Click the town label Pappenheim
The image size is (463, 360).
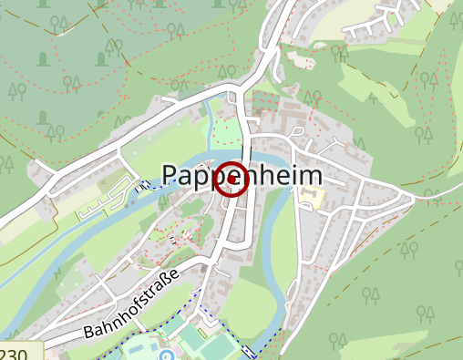click(x=242, y=175)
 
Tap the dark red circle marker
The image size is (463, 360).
click(x=232, y=180)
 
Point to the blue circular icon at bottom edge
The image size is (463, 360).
click(x=167, y=355)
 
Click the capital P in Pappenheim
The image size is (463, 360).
click(x=171, y=176)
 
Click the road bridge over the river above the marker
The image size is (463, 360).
click(x=248, y=146)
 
